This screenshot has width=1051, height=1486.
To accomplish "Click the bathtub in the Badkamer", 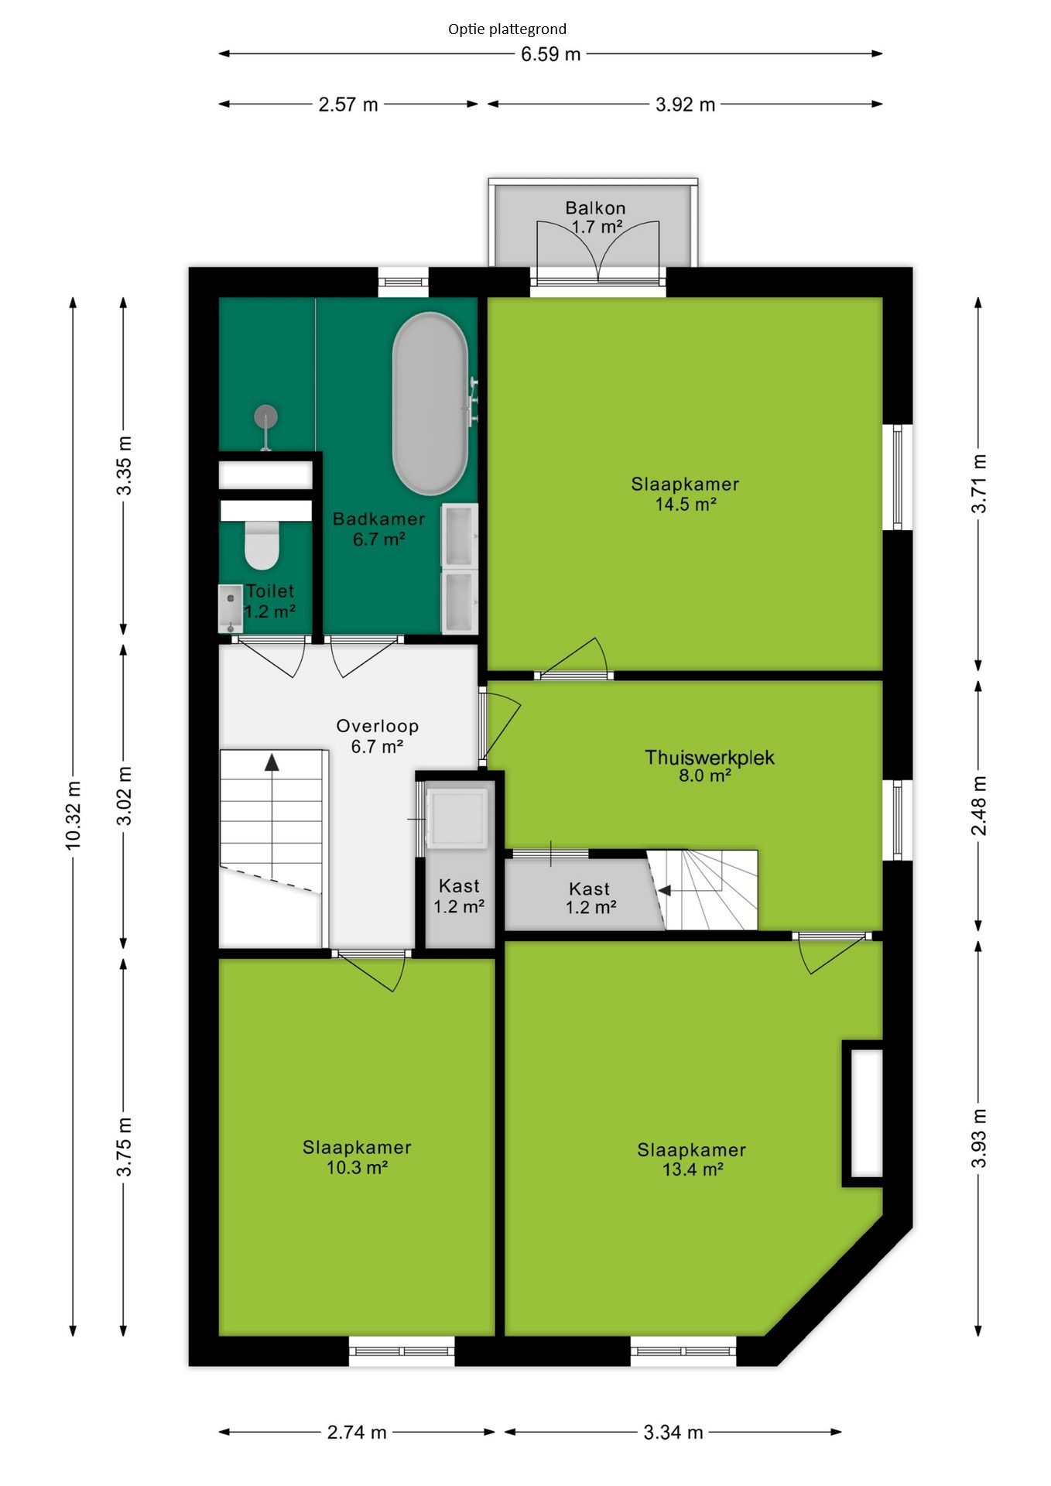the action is (430, 403).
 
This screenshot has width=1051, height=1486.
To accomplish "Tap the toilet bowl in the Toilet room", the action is (262, 545).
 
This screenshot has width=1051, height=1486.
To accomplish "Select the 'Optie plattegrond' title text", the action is (507, 29).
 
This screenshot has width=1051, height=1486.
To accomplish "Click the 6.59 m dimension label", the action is (550, 54).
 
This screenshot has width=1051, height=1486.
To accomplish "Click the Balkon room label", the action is (595, 207).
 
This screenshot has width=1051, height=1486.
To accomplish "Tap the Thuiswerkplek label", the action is (710, 757).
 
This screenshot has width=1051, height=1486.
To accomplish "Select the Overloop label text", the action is (378, 726).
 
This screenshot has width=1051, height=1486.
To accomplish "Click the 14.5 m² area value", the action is (686, 504).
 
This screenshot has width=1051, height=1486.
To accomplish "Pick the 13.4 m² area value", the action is (693, 1169).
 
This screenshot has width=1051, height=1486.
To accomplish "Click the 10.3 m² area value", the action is (357, 1167).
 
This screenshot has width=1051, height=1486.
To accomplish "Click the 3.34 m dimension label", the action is (673, 1433).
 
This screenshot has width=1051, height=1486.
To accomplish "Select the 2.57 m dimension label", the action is (348, 104).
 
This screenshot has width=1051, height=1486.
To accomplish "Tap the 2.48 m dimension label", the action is (979, 806).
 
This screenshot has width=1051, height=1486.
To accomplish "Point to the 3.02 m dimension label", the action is (125, 796).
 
